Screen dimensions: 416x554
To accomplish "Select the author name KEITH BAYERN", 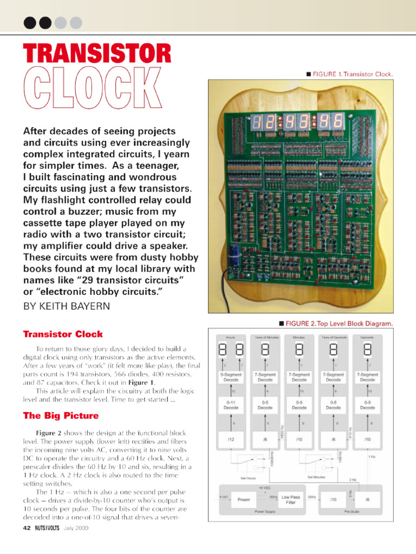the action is pyautogui.click(x=66, y=306).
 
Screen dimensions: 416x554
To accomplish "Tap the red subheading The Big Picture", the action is pyautogui.click(x=61, y=415).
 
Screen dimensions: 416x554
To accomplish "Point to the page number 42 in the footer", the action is pyautogui.click(x=27, y=528).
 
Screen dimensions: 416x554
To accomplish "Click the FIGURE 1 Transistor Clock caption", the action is pyautogui.click(x=349, y=74).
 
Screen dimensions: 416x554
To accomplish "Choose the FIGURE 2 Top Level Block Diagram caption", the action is pyautogui.click(x=336, y=324).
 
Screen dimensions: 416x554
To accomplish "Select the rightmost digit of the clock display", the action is pyautogui.click(x=339, y=122).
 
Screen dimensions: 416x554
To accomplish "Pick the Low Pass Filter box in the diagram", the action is pyautogui.click(x=291, y=499).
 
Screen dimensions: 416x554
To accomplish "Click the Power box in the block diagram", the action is pyautogui.click(x=244, y=499).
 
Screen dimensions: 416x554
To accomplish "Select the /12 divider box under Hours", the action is pyautogui.click(x=231, y=440).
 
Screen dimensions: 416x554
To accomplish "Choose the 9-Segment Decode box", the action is pyautogui.click(x=231, y=377).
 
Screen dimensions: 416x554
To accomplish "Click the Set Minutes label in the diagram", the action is pyautogui.click(x=317, y=477).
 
